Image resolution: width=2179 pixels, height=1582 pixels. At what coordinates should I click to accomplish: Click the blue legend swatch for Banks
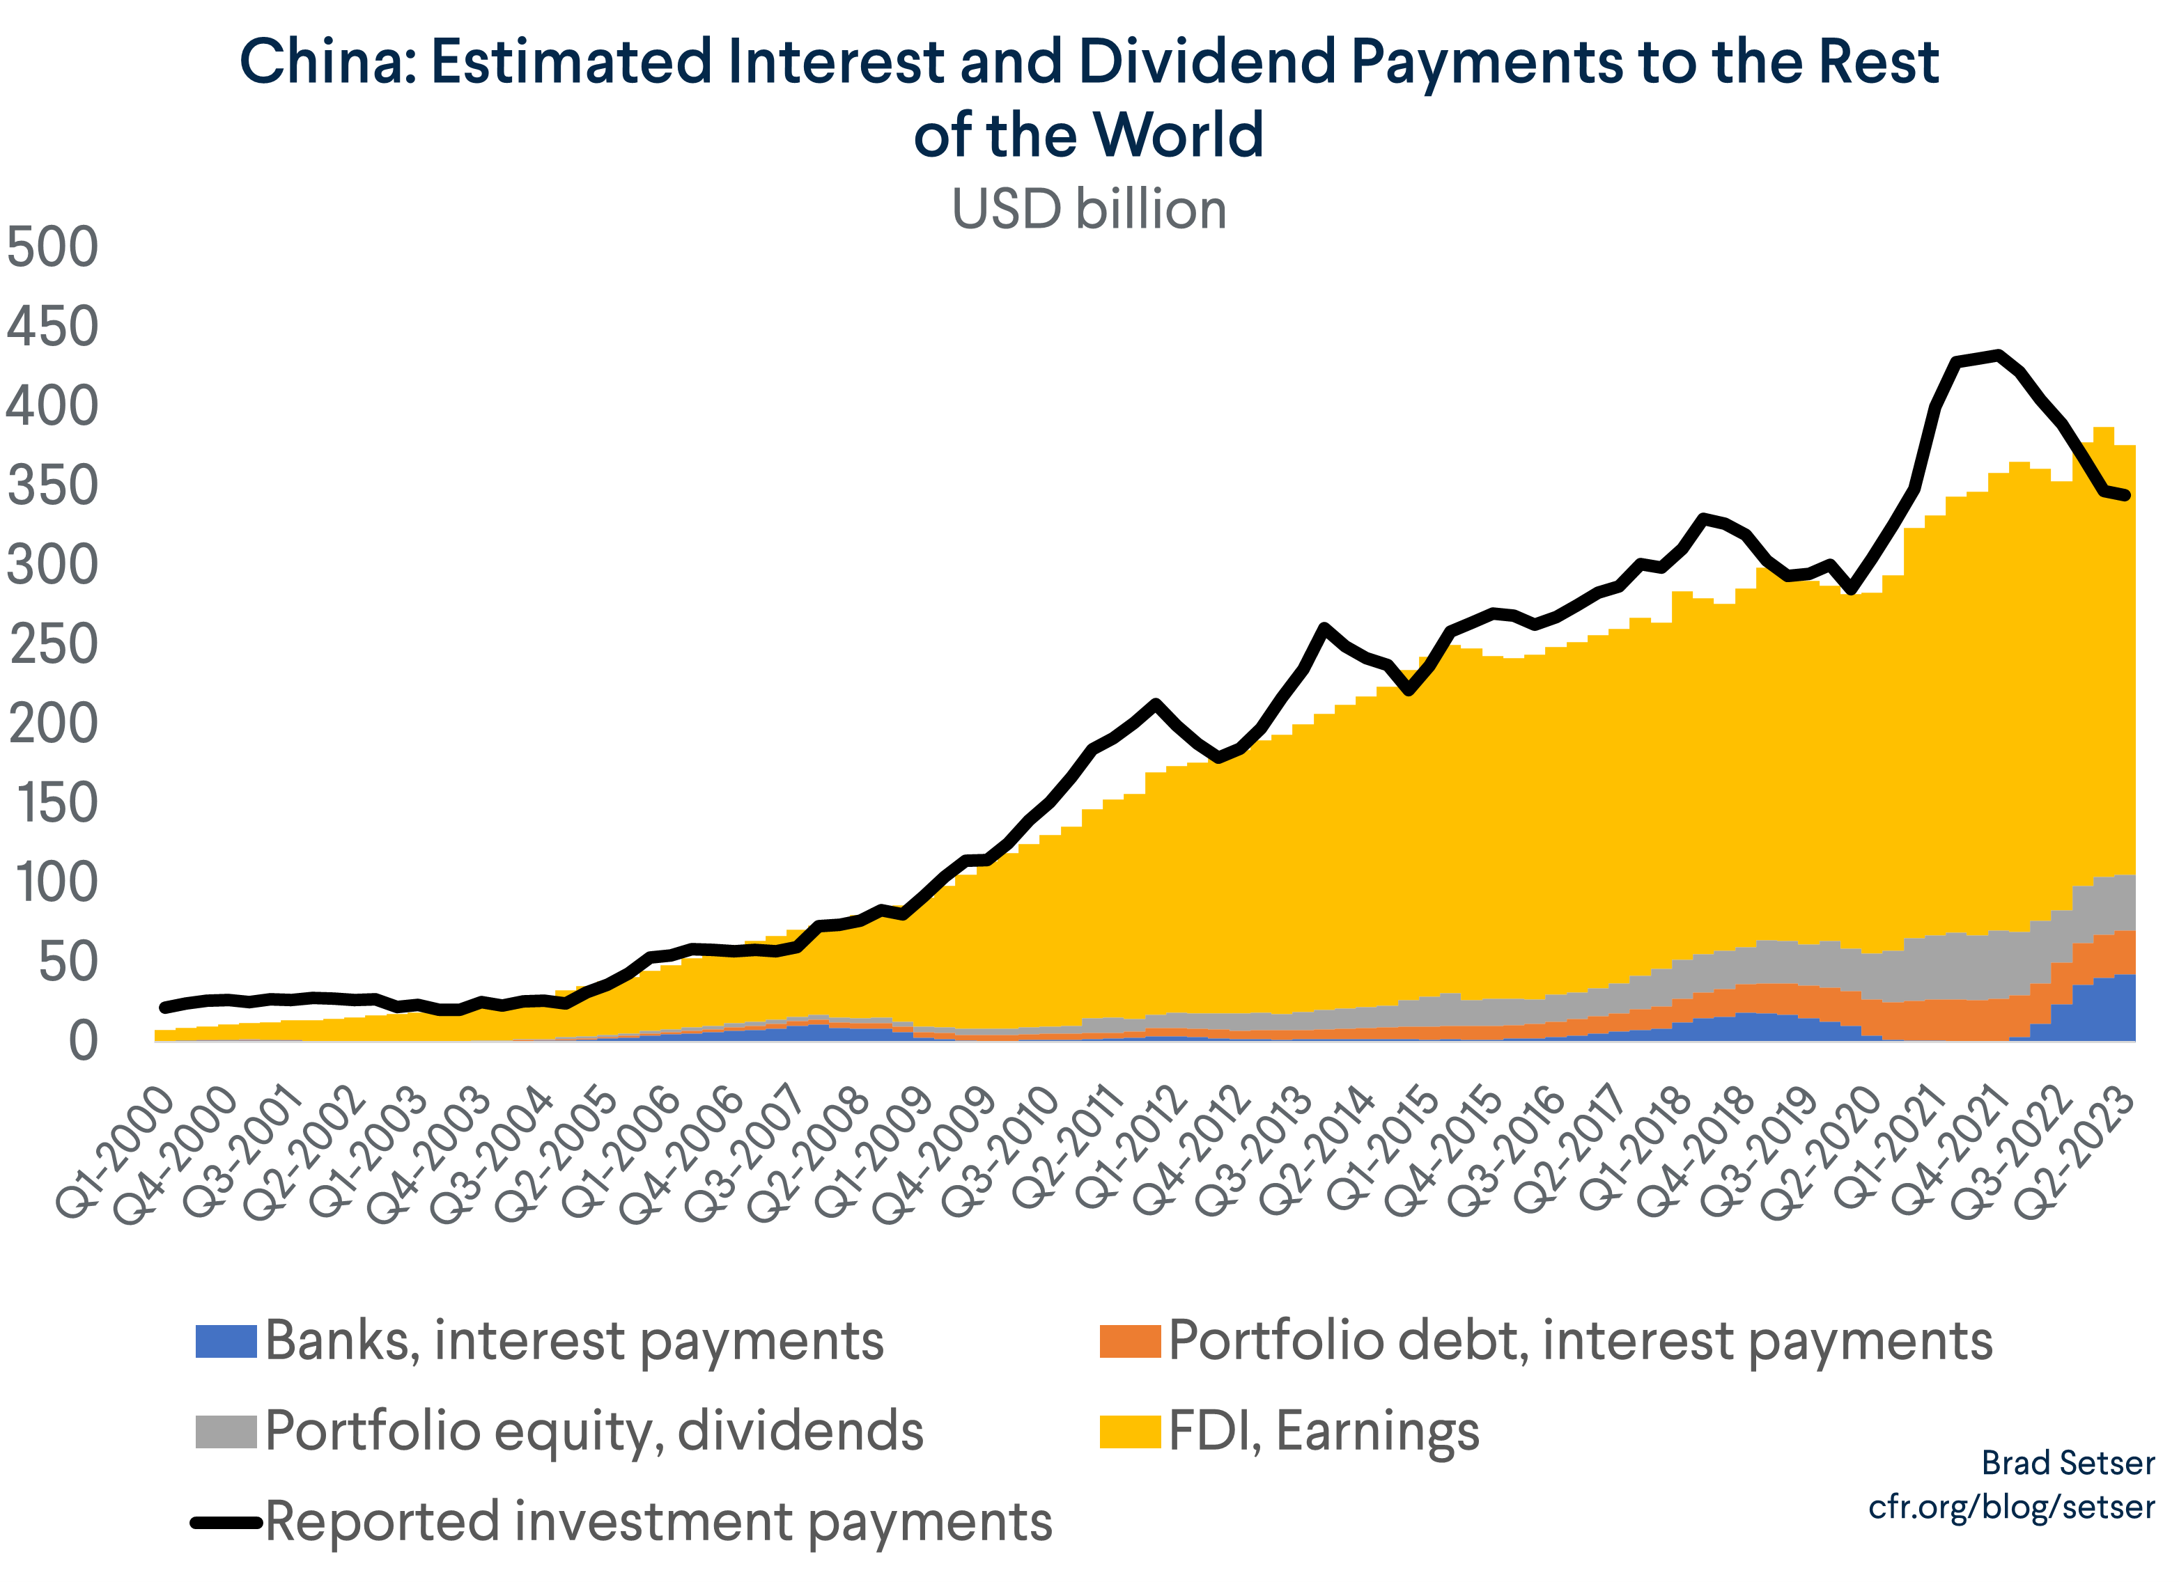pos(226,1341)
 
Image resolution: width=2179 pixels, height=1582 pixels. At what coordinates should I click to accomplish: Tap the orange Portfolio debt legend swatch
pos(1130,1341)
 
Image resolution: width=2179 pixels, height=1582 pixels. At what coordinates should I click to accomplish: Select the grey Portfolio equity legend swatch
pos(226,1431)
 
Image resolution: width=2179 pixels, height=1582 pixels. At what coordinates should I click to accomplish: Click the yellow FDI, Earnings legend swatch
pos(1130,1431)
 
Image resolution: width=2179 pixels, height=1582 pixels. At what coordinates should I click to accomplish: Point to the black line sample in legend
pos(226,1522)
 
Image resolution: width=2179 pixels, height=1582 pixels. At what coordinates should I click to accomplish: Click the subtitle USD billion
pos(1089,210)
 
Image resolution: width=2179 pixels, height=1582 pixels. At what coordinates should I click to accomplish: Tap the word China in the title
pos(327,63)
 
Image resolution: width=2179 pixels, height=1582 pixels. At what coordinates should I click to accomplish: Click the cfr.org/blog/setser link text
pos(2011,1507)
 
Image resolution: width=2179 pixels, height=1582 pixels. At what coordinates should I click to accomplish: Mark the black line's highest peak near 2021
pos(1999,354)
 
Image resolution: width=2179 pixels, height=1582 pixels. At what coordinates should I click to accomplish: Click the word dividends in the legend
pos(800,1431)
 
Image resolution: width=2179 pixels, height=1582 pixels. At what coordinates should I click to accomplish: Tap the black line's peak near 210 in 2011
pos(1156,703)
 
